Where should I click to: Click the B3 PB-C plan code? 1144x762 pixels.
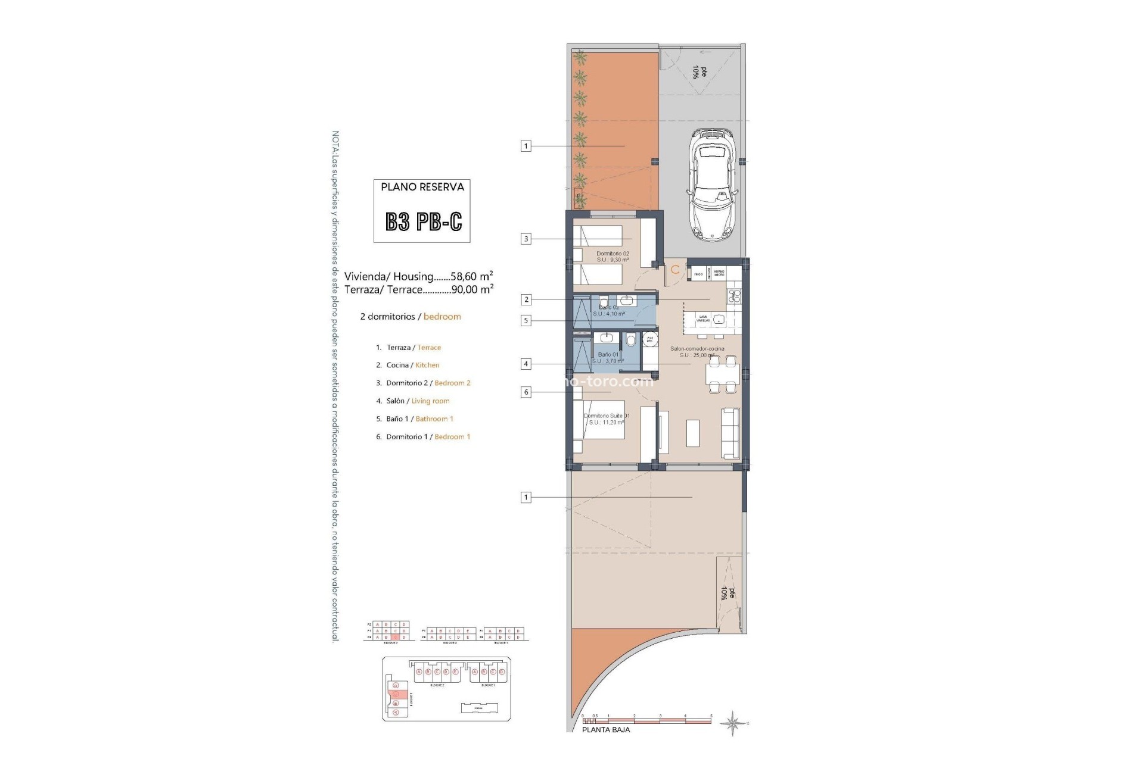click(423, 221)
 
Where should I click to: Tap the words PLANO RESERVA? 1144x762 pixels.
click(422, 187)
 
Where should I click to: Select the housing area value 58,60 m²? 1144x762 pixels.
click(471, 276)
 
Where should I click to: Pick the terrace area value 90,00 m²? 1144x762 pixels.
click(472, 289)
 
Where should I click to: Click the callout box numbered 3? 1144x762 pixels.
click(526, 239)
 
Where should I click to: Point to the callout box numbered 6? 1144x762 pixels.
click(526, 392)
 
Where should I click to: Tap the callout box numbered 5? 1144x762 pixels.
click(526, 320)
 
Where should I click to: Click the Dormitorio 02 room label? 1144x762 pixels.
click(613, 254)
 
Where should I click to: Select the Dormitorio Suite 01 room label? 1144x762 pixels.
click(607, 416)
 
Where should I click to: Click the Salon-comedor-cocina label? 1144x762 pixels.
click(697, 349)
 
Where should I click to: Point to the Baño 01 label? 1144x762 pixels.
click(608, 355)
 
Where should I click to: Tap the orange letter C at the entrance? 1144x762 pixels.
click(675, 270)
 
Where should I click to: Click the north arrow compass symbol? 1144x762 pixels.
click(732, 723)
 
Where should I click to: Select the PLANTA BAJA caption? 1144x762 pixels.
click(605, 729)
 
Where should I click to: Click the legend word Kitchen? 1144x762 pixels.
click(427, 365)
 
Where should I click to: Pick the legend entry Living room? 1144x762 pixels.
click(430, 401)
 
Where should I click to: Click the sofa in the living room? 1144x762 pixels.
click(730, 433)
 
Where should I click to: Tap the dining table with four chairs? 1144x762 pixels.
click(722, 374)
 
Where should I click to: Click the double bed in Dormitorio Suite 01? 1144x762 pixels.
click(599, 422)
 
